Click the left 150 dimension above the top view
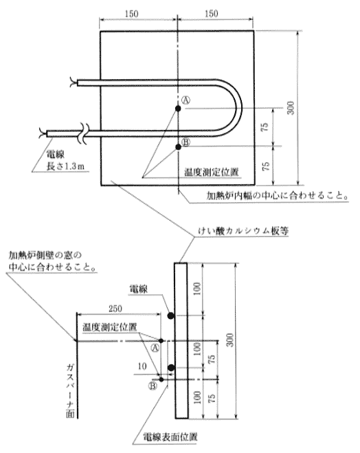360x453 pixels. tap(132, 14)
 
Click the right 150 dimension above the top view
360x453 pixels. tap(212, 13)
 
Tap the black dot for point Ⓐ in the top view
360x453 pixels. tap(178, 109)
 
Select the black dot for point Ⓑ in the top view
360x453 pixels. tap(178, 147)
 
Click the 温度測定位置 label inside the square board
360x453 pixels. tap(212, 172)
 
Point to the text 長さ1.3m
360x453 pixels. tap(65, 166)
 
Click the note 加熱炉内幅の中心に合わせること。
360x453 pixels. tap(277, 196)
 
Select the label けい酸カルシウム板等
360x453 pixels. tap(243, 231)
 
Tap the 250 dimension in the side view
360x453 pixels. tap(115, 309)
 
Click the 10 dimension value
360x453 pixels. tap(142, 366)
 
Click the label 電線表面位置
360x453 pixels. tap(170, 437)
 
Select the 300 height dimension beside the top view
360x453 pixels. tap(291, 108)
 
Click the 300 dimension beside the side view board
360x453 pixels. tap(229, 340)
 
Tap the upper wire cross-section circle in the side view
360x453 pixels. tap(171, 316)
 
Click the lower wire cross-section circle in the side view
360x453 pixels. tap(171, 368)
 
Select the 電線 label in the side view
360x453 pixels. tap(139, 289)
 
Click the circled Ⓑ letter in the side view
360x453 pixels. tap(153, 386)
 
